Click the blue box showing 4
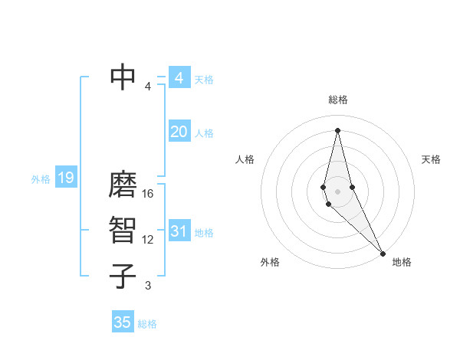(x=179, y=78)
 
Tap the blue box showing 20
(x=179, y=132)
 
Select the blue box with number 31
(x=179, y=231)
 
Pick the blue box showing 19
(x=65, y=178)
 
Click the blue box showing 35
(x=123, y=322)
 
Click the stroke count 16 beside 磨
(x=148, y=194)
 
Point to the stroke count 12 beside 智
(x=148, y=240)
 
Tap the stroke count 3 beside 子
(x=148, y=286)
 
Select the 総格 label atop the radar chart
(x=338, y=100)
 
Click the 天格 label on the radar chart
(x=431, y=159)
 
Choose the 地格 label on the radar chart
(x=402, y=262)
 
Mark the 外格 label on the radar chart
(x=270, y=262)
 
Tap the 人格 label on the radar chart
(x=245, y=159)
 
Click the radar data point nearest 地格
(x=383, y=254)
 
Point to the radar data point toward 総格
(x=338, y=129)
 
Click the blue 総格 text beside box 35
(x=147, y=324)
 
